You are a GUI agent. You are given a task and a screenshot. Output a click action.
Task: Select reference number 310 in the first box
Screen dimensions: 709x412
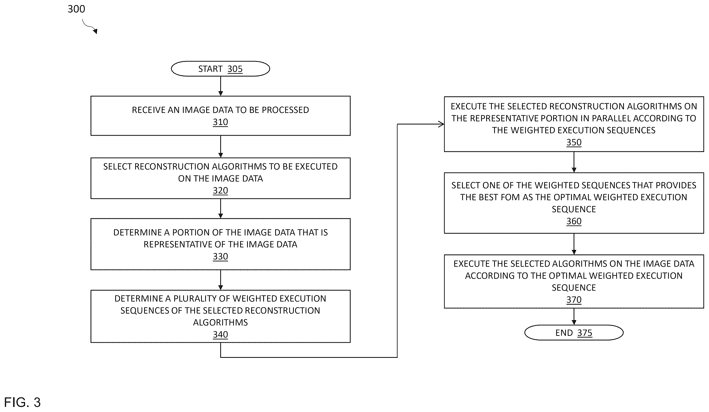coord(220,122)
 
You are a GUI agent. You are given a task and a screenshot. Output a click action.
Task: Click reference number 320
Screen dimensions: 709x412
coord(220,190)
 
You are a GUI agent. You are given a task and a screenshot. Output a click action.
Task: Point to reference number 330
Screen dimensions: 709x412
coord(220,256)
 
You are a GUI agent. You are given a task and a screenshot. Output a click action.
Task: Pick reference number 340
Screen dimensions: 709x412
coord(220,334)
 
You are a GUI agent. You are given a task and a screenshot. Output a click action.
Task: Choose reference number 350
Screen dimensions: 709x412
coord(574,142)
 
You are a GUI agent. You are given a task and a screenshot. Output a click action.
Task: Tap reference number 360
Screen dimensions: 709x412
coord(574,221)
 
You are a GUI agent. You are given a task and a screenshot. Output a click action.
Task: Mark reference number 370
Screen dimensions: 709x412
coord(574,300)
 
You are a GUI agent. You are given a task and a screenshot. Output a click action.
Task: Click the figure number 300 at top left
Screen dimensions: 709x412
coord(76,9)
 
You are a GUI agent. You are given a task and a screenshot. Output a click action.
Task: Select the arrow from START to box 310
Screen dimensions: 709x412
coord(220,86)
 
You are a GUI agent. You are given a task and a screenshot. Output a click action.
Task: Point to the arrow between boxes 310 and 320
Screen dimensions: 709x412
coord(220,147)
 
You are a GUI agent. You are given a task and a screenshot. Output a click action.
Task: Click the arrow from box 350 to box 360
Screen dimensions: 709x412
coord(574,162)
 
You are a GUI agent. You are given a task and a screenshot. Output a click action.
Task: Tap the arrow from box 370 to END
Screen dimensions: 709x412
coord(574,317)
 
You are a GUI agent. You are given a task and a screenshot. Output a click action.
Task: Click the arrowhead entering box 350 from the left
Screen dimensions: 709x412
coord(441,124)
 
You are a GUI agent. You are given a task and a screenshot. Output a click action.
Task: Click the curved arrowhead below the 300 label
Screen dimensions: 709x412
coord(95,31)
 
